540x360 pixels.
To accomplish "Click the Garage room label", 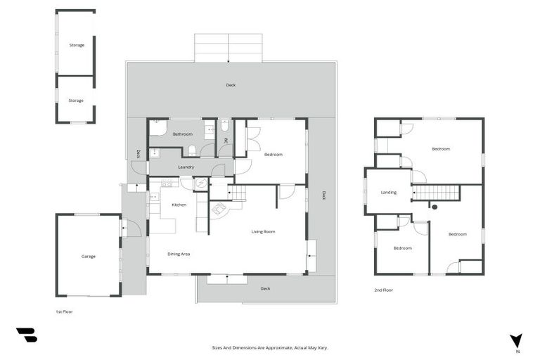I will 88,257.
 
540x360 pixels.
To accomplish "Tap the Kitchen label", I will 179,205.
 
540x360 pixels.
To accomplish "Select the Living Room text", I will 263,231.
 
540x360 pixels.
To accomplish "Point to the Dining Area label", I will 179,254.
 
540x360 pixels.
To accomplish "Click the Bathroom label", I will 183,134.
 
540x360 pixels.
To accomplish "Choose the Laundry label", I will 186,167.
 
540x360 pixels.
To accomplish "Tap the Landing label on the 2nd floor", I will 388,192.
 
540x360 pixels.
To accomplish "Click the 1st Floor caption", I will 63,311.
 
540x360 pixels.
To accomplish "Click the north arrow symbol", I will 517,340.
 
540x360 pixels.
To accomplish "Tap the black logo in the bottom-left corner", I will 27,335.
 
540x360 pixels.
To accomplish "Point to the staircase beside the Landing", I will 436,192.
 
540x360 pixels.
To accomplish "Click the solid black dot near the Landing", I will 435,207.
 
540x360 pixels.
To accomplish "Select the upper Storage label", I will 76,45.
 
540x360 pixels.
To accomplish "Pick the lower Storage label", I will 76,101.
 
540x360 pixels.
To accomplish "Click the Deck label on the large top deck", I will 231,85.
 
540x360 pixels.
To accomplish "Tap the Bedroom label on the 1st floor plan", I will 274,154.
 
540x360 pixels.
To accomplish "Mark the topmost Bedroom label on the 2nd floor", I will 441,149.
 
